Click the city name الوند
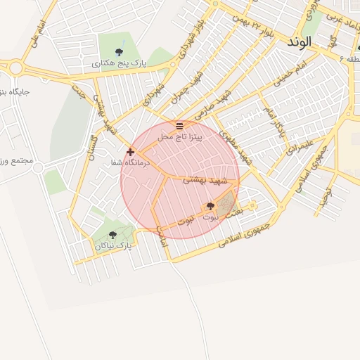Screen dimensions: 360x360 (x=299, y=41)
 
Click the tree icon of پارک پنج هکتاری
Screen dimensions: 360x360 (x=120, y=52)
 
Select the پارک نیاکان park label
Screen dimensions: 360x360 (x=113, y=246)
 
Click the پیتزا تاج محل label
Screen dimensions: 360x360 (x=179, y=136)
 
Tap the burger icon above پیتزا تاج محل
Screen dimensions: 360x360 (x=179, y=126)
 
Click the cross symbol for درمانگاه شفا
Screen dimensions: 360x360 (x=131, y=151)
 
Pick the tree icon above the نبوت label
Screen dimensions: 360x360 (x=210, y=206)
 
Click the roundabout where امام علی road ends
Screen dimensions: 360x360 (x=15, y=68)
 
